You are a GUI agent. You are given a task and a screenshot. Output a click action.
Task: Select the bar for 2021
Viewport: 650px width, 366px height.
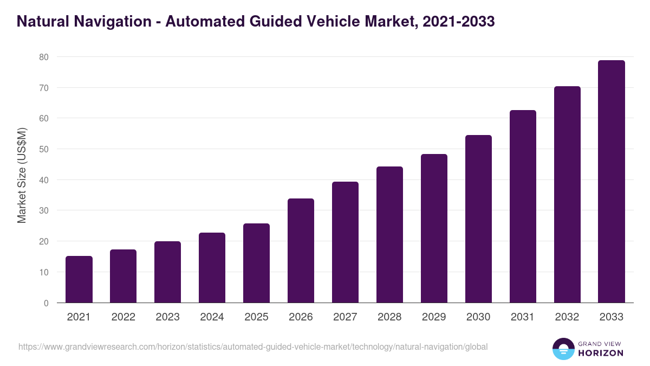coord(79,279)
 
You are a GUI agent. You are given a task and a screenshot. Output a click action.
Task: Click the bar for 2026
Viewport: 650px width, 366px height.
coord(301,251)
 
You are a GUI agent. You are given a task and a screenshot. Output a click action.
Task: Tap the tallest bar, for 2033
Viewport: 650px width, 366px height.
coord(612,182)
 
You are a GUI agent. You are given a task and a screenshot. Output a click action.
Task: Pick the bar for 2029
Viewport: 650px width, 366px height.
coord(434,228)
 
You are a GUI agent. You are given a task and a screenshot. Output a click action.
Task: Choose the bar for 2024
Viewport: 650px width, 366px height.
coord(212,267)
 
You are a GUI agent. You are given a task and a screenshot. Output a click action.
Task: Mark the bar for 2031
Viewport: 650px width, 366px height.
coord(523,207)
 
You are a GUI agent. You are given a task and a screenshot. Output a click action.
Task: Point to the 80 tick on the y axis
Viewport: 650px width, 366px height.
coord(44,57)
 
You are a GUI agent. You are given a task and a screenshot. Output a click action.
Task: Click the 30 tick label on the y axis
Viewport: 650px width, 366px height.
coord(44,210)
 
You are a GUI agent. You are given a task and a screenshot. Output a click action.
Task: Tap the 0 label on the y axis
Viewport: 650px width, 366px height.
coord(47,303)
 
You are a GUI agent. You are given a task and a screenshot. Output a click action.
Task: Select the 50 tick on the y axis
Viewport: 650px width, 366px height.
coord(44,149)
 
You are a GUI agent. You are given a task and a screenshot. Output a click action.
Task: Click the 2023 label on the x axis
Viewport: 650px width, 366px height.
coord(167,317)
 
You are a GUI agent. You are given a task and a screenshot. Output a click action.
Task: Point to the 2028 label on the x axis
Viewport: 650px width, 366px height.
coord(389,317)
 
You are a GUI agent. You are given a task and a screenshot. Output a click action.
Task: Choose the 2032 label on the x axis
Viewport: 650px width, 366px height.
coord(567,317)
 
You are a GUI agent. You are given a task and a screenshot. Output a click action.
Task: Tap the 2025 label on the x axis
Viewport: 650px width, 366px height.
coord(256,317)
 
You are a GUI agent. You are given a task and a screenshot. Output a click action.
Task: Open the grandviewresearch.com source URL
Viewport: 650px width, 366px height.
coord(253,346)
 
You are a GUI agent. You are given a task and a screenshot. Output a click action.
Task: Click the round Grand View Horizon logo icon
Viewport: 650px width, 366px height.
coord(563,349)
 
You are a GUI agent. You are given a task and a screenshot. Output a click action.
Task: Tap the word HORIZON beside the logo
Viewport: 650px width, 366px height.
coord(601,353)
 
